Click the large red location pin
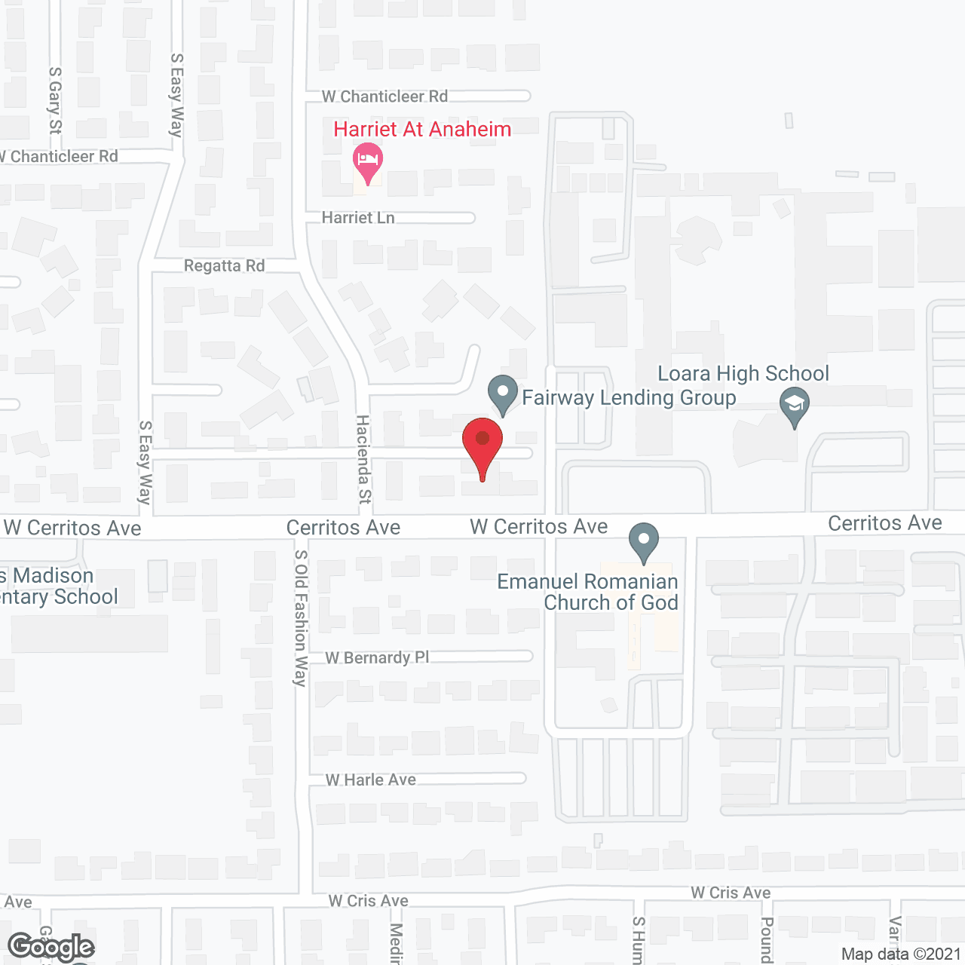click(x=482, y=445)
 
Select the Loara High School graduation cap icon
click(x=794, y=405)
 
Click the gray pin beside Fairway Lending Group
click(x=502, y=393)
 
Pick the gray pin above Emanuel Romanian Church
click(x=644, y=541)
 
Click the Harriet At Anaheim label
click(x=422, y=130)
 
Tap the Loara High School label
click(x=743, y=374)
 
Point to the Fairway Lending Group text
click(x=629, y=398)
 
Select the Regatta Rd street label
click(x=225, y=266)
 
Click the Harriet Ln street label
click(x=358, y=218)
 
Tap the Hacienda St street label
click(x=364, y=459)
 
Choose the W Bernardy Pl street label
click(x=377, y=658)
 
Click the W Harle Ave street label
click(x=371, y=780)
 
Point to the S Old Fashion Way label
click(x=301, y=618)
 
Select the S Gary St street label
click(x=55, y=100)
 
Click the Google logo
click(x=51, y=947)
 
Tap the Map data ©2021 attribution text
click(x=901, y=954)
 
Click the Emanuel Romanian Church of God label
click(x=588, y=593)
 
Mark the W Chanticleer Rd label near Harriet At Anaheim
click(x=384, y=96)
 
